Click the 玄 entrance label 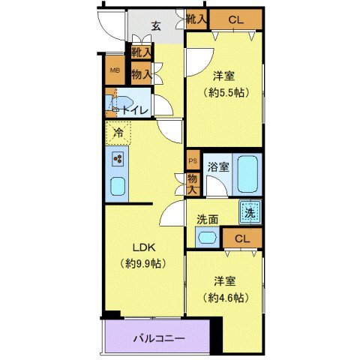156,25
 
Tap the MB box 115,71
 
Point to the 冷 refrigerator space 118,133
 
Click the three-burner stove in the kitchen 118,158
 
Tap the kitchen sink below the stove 118,186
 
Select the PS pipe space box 192,161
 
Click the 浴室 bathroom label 218,165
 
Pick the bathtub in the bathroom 247,173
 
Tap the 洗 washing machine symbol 250,212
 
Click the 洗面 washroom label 208,220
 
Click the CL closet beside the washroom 241,239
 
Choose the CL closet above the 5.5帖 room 235,19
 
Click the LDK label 144,248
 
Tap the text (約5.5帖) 225,92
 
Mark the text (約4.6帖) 225,298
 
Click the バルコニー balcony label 159,338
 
